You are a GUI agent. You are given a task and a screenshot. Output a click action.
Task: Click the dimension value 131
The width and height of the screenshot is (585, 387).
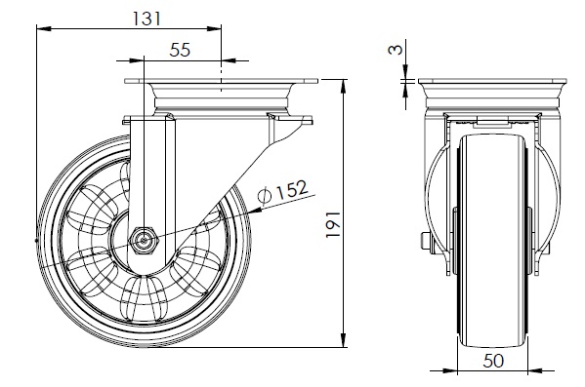click(147, 19)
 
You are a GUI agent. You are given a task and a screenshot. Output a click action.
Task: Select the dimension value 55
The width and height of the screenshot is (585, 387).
click(180, 50)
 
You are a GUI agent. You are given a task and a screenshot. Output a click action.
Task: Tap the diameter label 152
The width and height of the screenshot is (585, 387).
click(292, 189)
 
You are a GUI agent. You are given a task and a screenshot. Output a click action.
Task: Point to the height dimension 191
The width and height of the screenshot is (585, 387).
click(333, 224)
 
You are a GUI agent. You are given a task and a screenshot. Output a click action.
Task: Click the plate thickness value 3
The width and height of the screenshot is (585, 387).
click(396, 50)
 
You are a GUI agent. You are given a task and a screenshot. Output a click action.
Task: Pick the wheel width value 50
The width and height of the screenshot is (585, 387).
click(493, 361)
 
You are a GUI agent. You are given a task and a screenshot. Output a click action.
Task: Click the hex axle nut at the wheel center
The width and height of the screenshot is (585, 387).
click(145, 240)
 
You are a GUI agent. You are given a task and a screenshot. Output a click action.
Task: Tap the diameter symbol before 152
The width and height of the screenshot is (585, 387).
click(265, 196)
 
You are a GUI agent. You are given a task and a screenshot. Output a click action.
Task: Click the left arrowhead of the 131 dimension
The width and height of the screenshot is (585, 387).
click(44, 28)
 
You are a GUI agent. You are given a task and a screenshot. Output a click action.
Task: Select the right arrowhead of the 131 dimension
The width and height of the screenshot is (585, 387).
click(214, 28)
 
